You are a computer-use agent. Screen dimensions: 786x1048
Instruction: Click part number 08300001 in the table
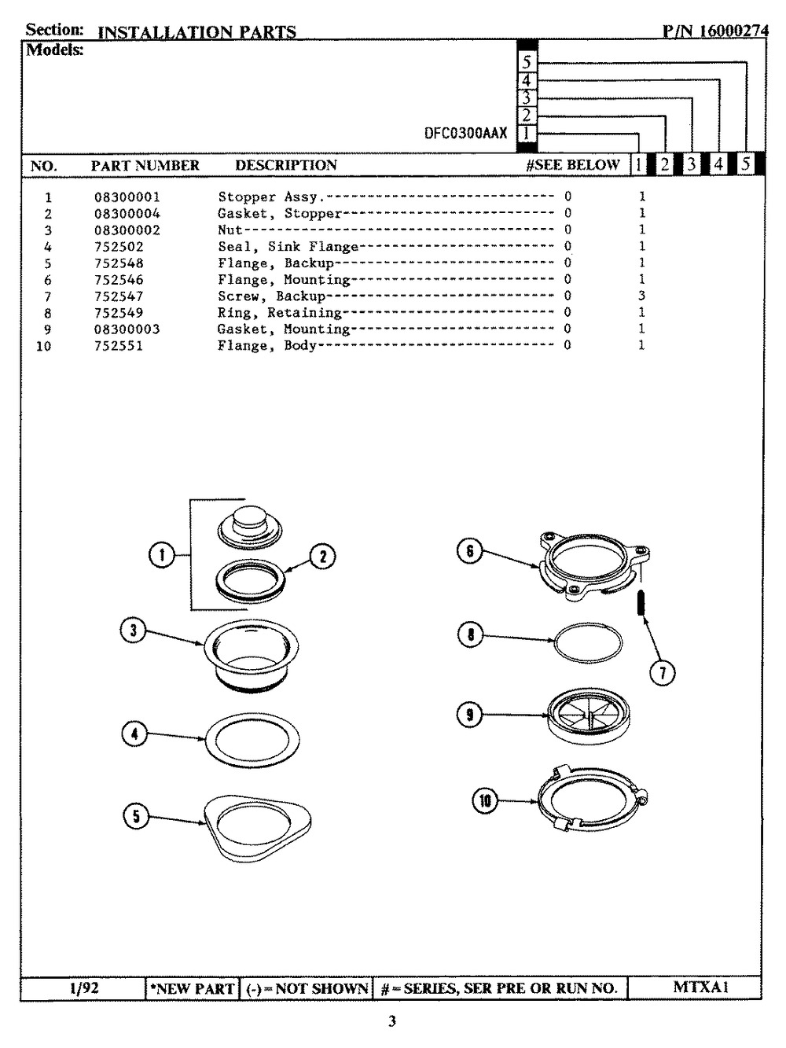coord(127,197)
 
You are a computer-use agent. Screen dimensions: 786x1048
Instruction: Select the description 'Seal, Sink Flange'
coord(288,246)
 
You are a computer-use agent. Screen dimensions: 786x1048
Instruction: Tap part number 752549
coord(119,313)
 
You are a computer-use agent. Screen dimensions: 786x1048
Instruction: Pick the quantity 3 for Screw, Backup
coord(642,296)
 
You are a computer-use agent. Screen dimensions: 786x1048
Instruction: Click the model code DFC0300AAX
coord(466,133)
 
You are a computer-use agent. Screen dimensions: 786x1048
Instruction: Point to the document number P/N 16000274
coord(715,31)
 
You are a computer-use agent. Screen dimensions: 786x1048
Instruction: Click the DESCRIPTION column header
coord(286,165)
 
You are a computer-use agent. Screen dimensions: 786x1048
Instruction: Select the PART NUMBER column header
coord(145,165)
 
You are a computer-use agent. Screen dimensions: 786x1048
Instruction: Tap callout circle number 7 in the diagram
coord(663,673)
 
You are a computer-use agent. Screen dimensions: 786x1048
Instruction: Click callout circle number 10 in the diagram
coord(485,800)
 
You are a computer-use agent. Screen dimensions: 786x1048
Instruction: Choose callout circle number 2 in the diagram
coord(322,557)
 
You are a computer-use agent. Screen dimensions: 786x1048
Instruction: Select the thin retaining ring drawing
coord(588,642)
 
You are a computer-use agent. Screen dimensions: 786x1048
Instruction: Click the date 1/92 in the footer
coord(84,987)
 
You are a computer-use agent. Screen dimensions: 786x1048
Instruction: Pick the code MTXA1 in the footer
coord(700,987)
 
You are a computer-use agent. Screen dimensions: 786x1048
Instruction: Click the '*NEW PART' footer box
coord(192,988)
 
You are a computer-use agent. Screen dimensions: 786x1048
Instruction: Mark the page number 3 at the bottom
coord(391,1021)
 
